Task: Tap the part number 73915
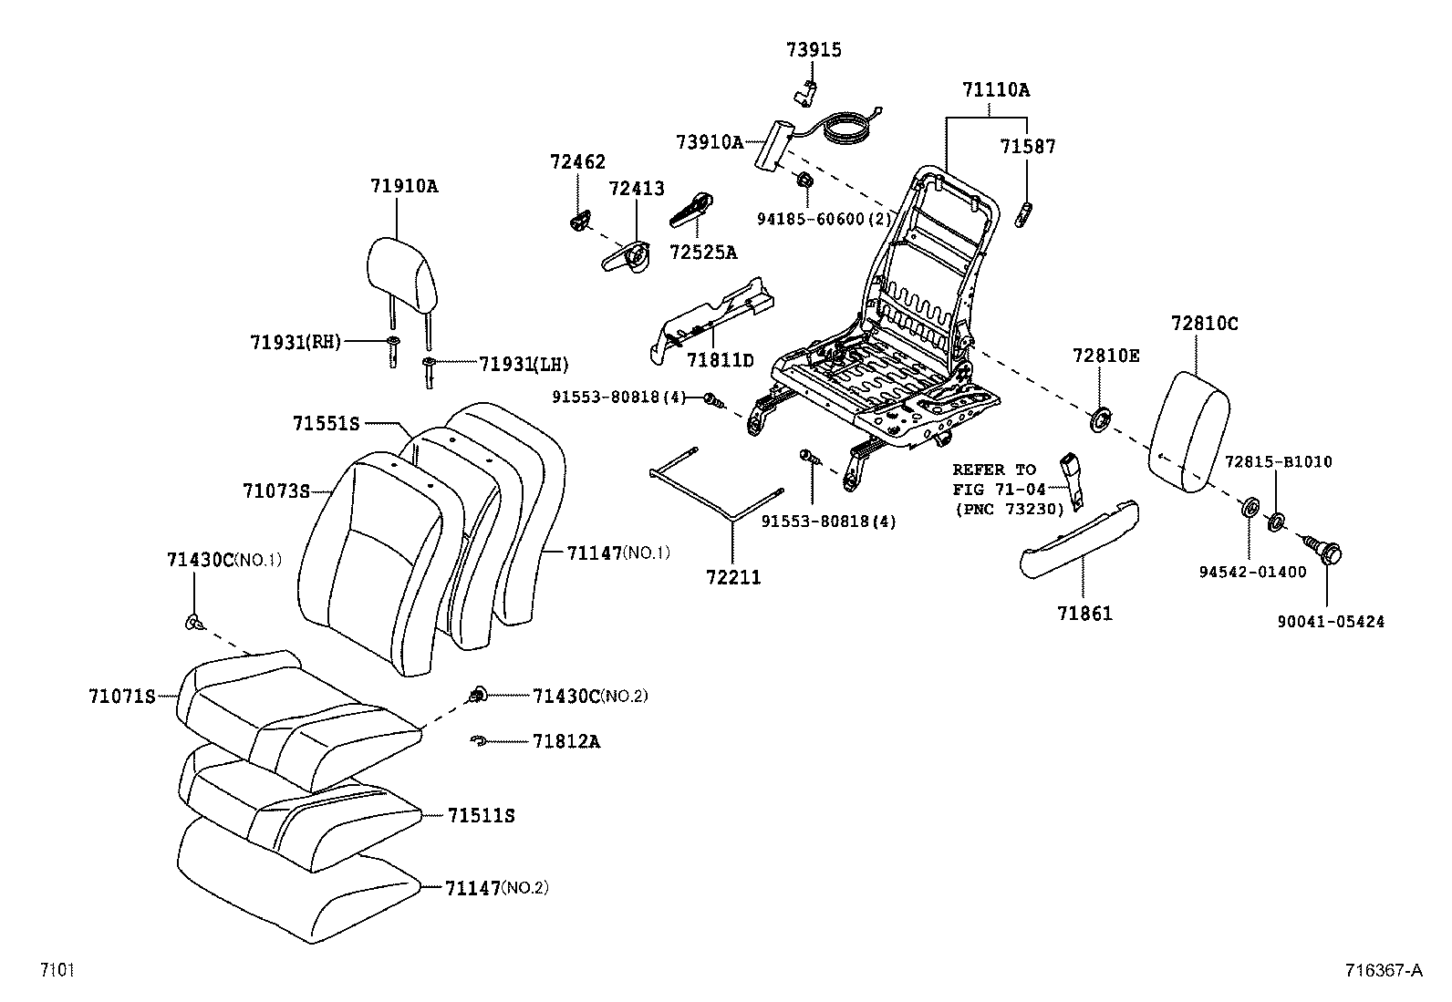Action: coord(814,50)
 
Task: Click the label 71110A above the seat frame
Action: coord(995,90)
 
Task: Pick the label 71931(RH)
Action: coord(295,342)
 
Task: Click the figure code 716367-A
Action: coord(1382,970)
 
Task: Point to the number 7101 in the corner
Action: coord(56,970)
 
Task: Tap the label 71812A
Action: coord(566,741)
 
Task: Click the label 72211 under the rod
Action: coord(732,577)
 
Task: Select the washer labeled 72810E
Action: coord(1101,419)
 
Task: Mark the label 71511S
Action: coord(481,815)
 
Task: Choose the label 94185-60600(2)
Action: coord(824,219)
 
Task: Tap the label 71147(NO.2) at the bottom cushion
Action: coord(496,887)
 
